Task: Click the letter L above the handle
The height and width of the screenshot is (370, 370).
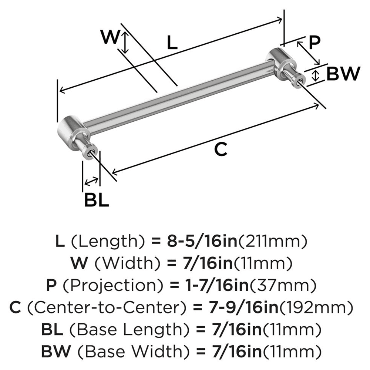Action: click(172, 43)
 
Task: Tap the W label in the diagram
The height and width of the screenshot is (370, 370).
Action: click(110, 38)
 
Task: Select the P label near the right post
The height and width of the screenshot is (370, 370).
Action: click(314, 43)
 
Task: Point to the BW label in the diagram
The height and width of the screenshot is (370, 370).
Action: click(343, 74)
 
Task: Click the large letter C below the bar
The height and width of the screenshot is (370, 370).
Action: click(221, 149)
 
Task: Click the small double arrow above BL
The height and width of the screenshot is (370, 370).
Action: click(91, 181)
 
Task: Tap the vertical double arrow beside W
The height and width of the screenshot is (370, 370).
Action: click(125, 42)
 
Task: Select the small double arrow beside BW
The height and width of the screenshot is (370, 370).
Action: click(315, 75)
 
